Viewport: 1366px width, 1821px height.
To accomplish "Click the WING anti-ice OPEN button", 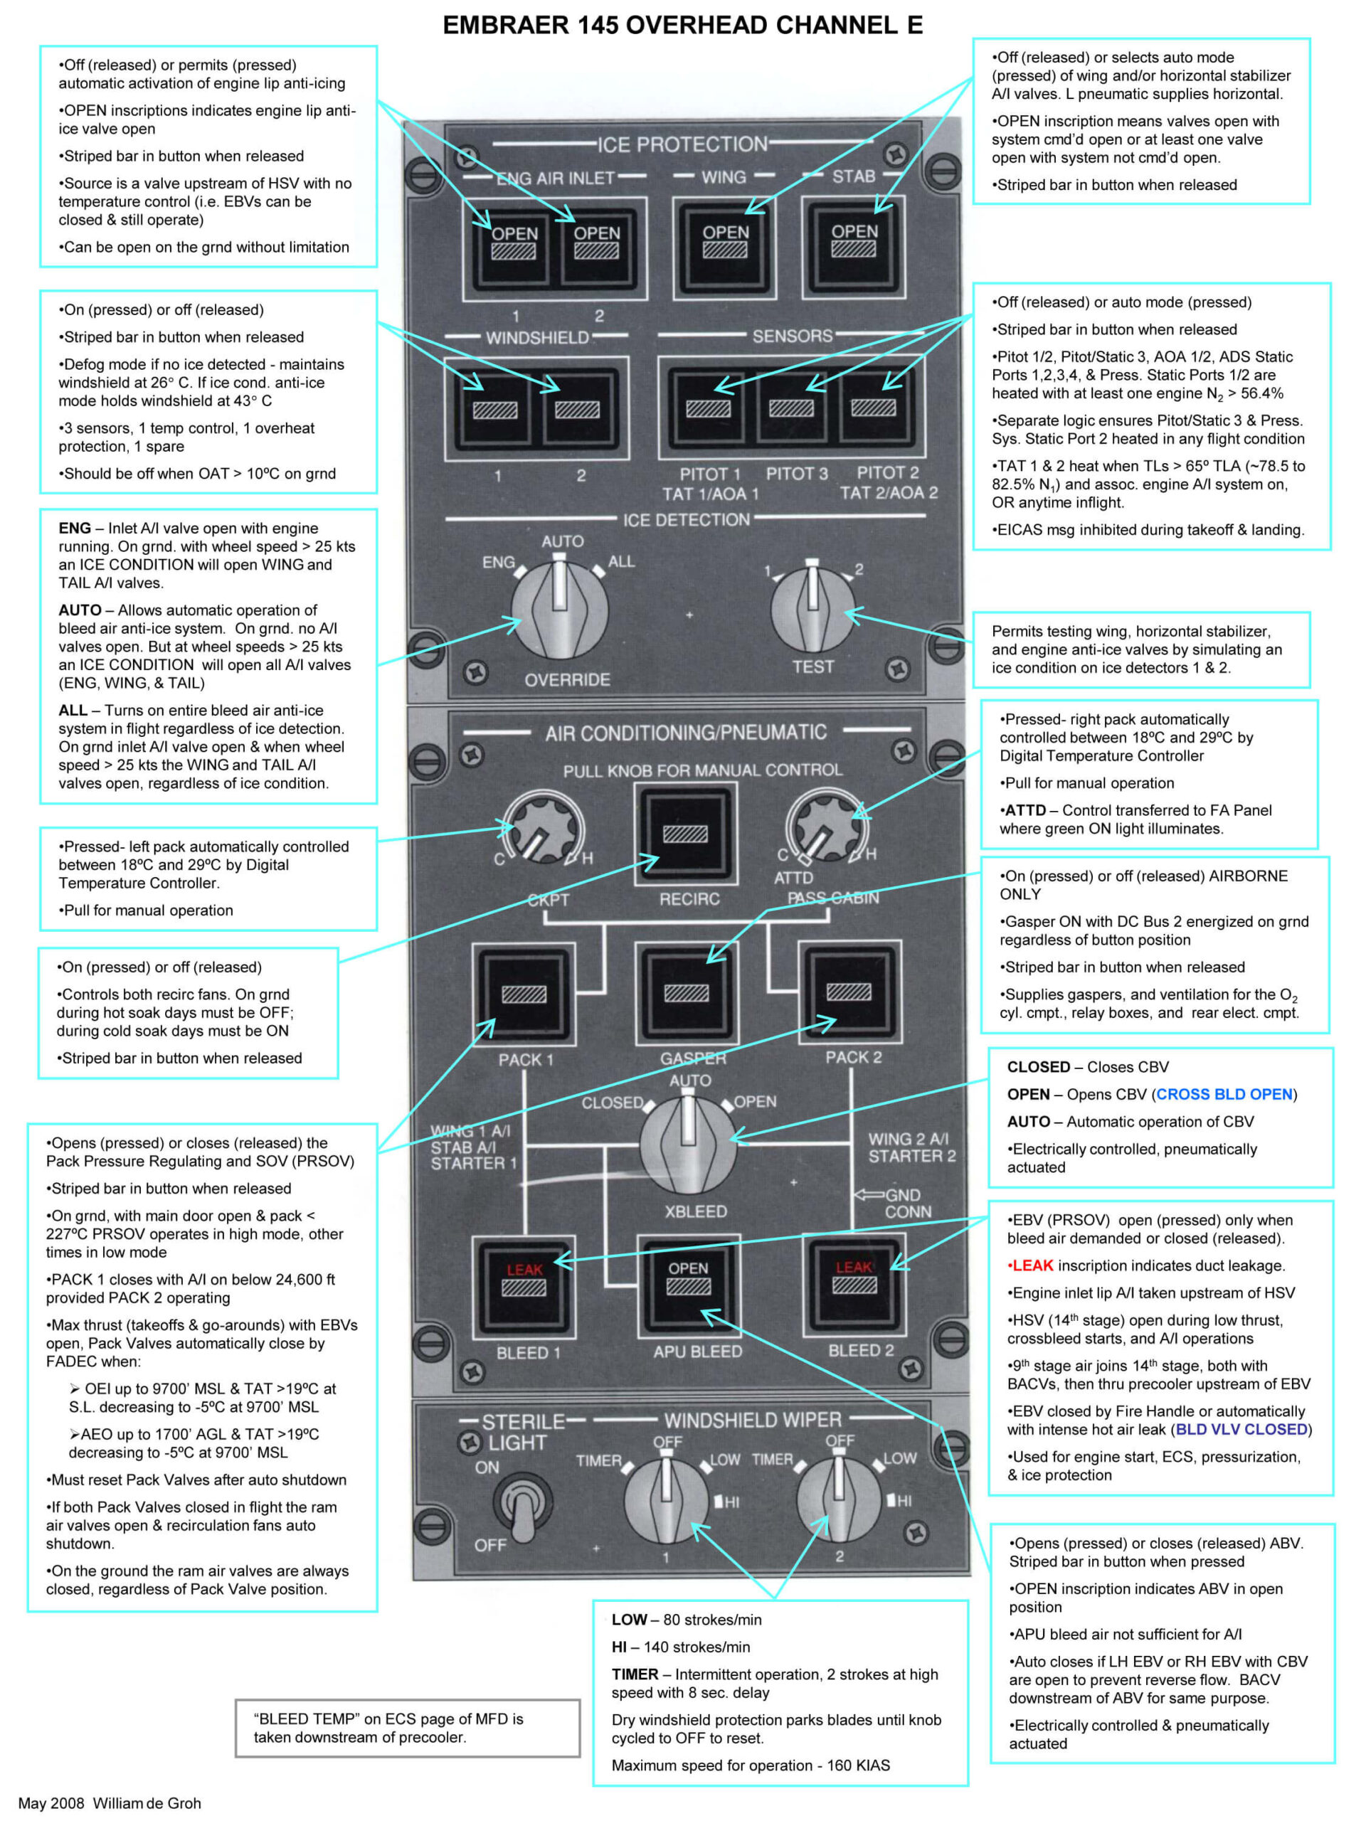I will (x=724, y=245).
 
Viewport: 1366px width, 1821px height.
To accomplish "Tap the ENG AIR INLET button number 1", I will (x=514, y=247).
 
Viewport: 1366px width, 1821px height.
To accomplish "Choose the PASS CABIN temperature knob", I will (x=823, y=827).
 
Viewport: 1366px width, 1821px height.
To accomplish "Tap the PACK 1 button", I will (x=524, y=994).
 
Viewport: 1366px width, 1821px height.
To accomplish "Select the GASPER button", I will (x=687, y=993).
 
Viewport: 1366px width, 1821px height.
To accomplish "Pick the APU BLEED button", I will (x=689, y=1283).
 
